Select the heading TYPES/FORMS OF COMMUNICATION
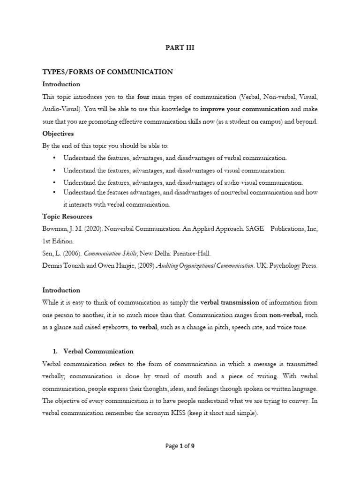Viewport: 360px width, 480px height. pos(108,72)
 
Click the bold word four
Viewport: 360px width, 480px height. pos(143,97)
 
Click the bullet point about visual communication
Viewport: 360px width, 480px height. pos(174,171)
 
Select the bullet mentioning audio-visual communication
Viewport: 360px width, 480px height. pos(183,183)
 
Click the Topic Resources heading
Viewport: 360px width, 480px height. pos(67,217)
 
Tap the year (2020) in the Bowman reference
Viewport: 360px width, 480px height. pos(91,229)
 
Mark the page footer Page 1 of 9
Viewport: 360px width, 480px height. pos(180,446)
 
